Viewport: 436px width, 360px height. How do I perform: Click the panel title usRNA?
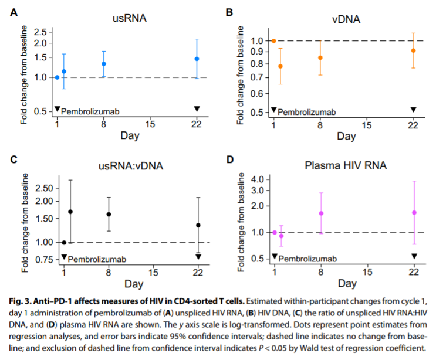click(129, 18)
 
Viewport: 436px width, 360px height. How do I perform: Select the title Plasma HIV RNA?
click(346, 166)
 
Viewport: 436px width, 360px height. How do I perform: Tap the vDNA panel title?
click(346, 19)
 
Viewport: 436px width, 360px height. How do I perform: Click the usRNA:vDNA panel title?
click(130, 167)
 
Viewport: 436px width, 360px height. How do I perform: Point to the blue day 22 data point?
click(197, 59)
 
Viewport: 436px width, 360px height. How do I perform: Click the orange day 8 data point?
click(320, 57)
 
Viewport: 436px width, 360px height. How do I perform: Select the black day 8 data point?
click(109, 214)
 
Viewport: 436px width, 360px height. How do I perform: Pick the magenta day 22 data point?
click(414, 212)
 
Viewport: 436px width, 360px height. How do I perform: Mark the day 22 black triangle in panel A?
click(197, 108)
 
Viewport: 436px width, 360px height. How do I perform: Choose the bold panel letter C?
click(13, 159)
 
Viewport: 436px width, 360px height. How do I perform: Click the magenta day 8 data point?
click(320, 213)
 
